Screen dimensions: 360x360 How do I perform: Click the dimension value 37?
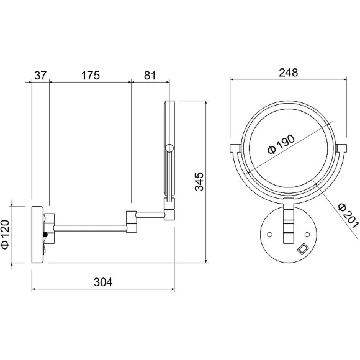(x=40, y=75)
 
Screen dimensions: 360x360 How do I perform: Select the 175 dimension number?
(x=91, y=75)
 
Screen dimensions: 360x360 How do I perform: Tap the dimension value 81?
(x=150, y=75)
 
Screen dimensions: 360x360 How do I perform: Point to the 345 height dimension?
(x=199, y=181)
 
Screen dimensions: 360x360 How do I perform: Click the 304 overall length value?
(x=103, y=282)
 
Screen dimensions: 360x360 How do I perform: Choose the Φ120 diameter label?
(x=6, y=234)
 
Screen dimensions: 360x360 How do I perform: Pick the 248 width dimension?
(x=289, y=73)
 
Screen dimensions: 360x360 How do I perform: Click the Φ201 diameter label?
(x=349, y=215)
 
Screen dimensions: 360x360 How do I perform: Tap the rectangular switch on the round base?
(x=302, y=249)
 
